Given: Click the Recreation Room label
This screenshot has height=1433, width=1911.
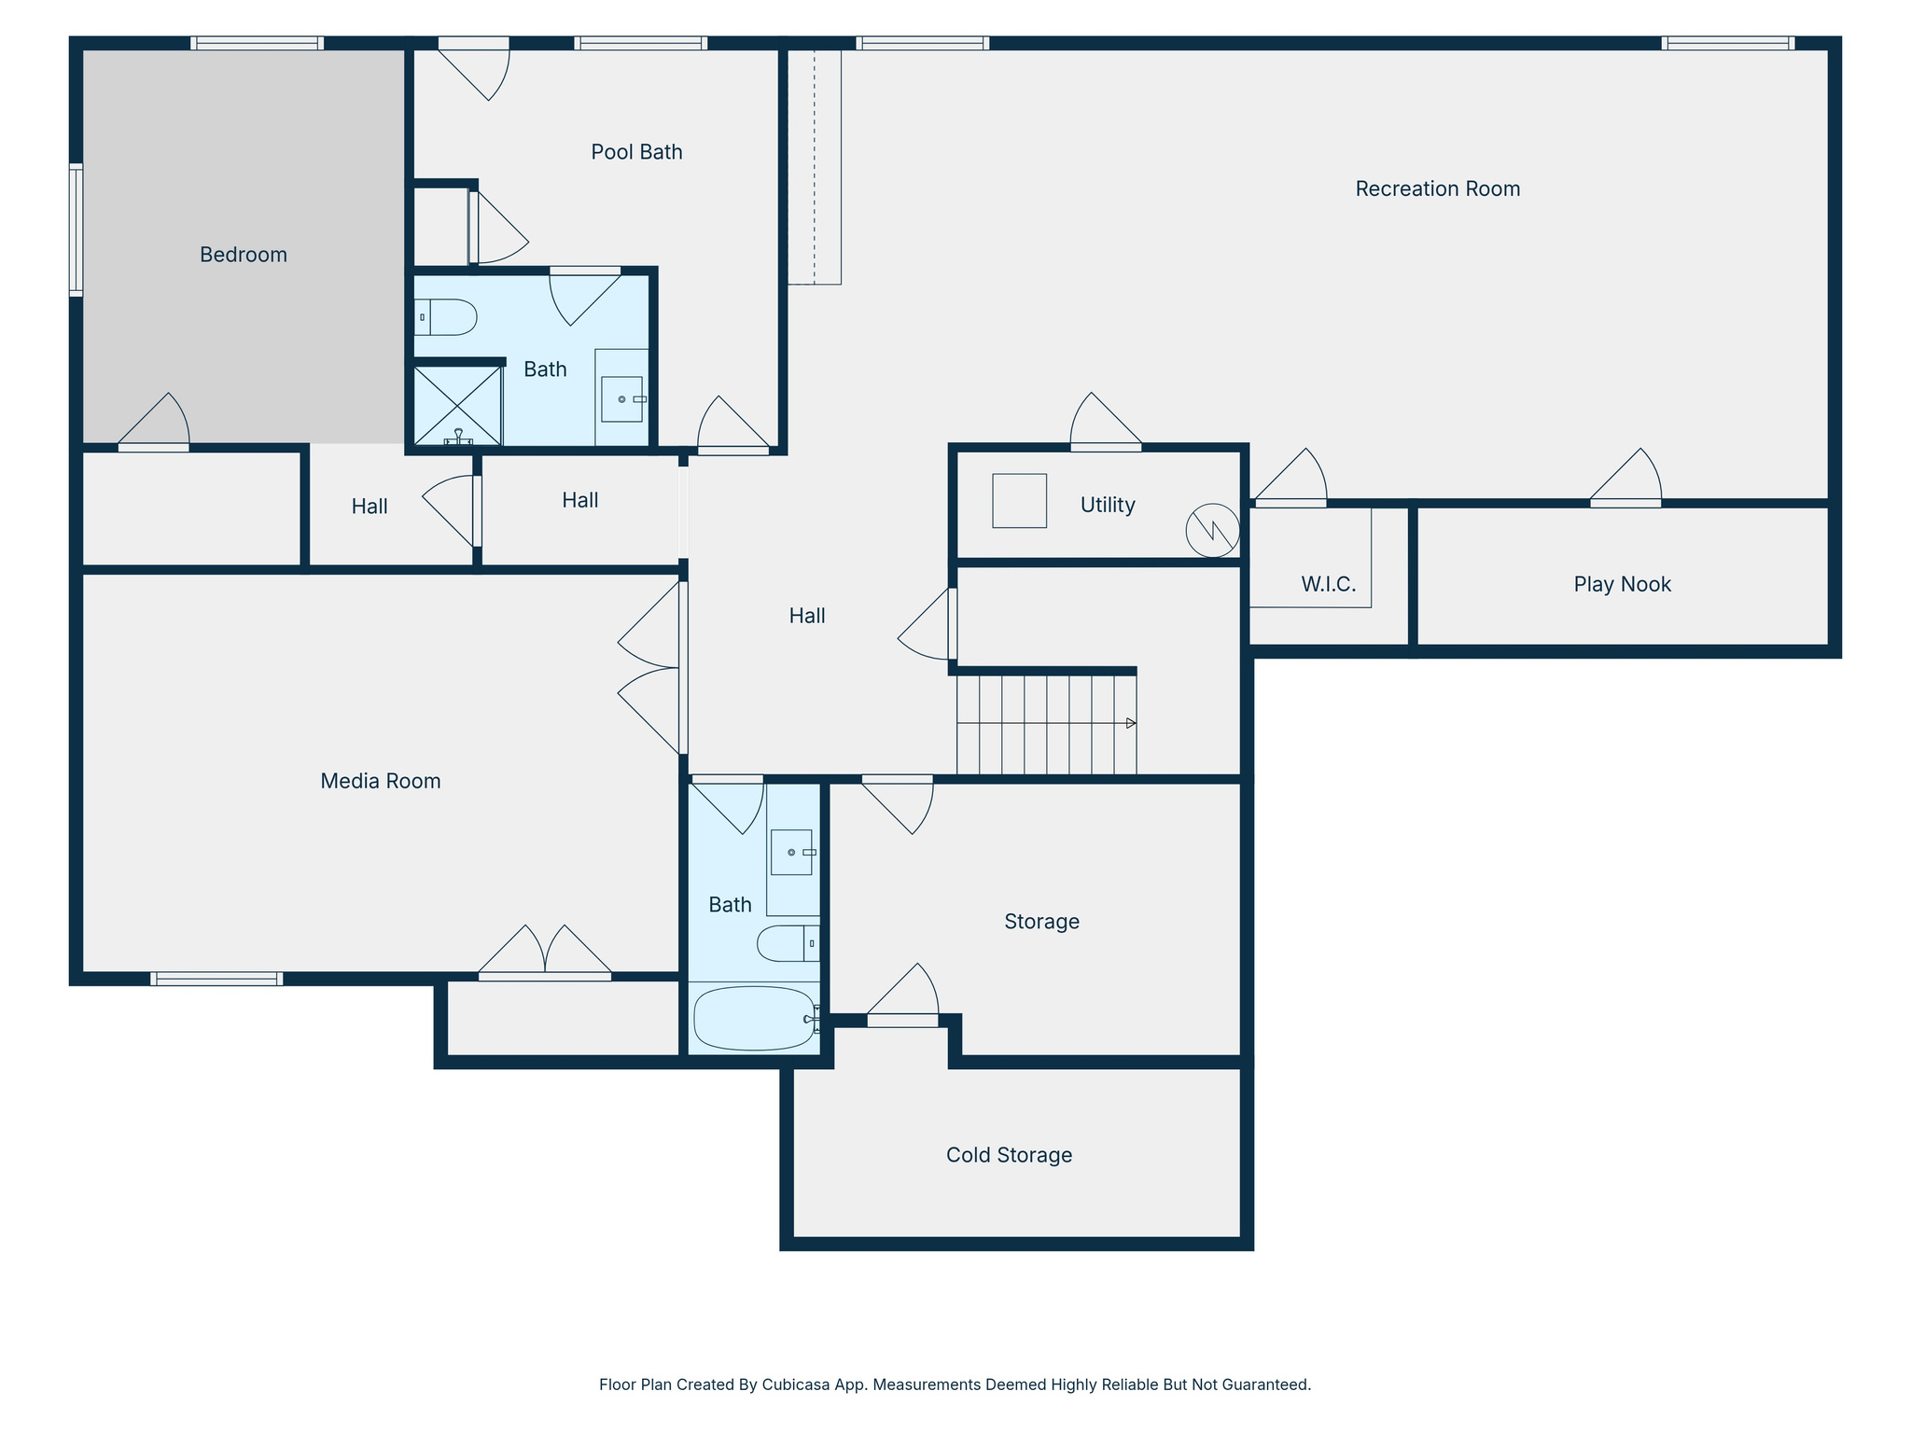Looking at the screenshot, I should (1437, 189).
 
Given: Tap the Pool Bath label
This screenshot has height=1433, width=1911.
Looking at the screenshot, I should (636, 152).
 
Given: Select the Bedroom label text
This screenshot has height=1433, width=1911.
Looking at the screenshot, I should (243, 255).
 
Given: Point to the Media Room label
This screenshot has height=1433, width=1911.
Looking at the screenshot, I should (380, 781).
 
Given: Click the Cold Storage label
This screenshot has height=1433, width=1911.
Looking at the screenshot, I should (1009, 1155).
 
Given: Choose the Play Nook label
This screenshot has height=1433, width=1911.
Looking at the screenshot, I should (1622, 584).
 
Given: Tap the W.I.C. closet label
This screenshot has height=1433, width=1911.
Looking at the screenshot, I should (1328, 584).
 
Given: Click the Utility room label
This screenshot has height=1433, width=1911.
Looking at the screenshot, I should (1108, 505).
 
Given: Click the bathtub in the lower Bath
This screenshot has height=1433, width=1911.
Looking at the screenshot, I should (754, 1018).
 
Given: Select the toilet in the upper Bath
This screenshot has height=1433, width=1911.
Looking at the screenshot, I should (446, 317).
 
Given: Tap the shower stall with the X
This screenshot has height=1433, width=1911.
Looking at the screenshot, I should (457, 405).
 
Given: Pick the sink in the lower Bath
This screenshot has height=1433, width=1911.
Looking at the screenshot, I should (791, 852).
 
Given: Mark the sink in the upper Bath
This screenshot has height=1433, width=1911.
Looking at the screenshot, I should (621, 399).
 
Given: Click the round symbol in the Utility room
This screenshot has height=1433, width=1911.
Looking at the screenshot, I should (1212, 531).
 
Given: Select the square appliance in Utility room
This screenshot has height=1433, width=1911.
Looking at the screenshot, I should (1019, 501).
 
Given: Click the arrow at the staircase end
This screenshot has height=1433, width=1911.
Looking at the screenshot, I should (1131, 723).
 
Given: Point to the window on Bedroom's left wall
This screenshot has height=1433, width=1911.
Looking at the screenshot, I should (77, 230).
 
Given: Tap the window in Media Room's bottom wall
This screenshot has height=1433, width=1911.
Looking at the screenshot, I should (216, 979).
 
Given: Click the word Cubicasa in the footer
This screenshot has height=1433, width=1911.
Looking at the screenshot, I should (798, 1384).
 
